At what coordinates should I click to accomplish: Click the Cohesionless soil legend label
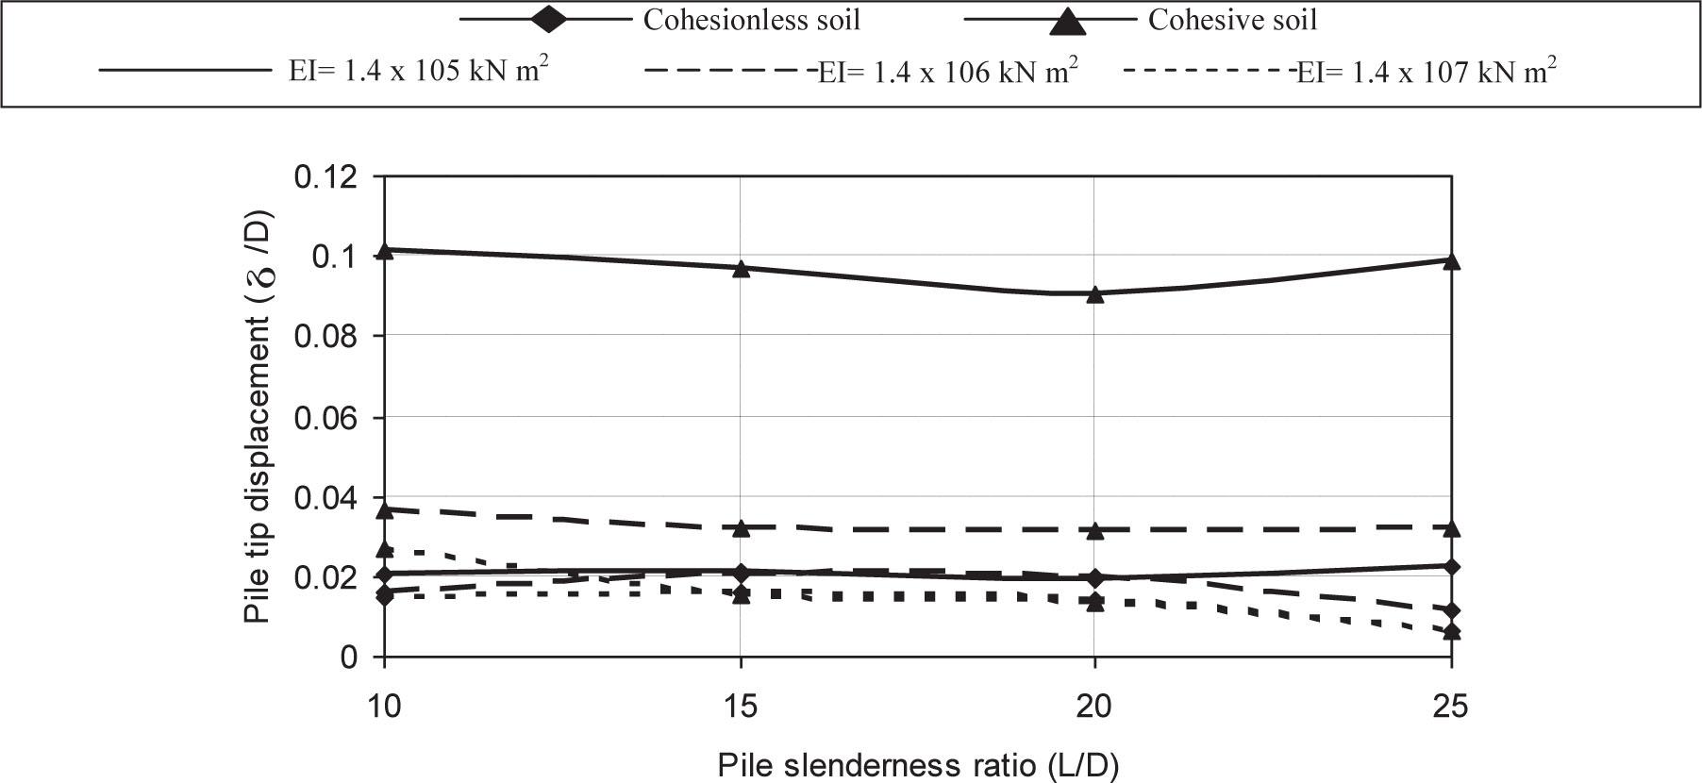pyautogui.click(x=751, y=21)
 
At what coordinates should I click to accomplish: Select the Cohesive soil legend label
pyautogui.click(x=1232, y=21)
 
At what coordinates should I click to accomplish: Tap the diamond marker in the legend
pyautogui.click(x=548, y=20)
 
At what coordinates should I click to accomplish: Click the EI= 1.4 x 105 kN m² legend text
pyautogui.click(x=419, y=72)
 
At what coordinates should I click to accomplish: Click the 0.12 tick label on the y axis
pyautogui.click(x=326, y=176)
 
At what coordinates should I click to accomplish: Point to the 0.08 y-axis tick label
pyautogui.click(x=326, y=337)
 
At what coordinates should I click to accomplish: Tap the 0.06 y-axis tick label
pyautogui.click(x=326, y=417)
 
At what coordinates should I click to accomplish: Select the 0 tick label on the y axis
pyautogui.click(x=349, y=658)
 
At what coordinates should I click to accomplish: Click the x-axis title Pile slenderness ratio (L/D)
pyautogui.click(x=917, y=765)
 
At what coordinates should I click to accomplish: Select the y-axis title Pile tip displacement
pyautogui.click(x=257, y=415)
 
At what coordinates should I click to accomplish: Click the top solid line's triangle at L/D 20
pyautogui.click(x=1094, y=293)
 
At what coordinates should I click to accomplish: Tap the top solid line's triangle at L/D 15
pyautogui.click(x=741, y=268)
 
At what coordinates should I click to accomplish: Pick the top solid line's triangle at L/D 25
pyautogui.click(x=1451, y=260)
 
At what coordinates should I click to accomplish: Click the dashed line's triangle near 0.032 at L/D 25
pyautogui.click(x=1451, y=526)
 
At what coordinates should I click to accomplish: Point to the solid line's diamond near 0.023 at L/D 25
pyautogui.click(x=1451, y=567)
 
